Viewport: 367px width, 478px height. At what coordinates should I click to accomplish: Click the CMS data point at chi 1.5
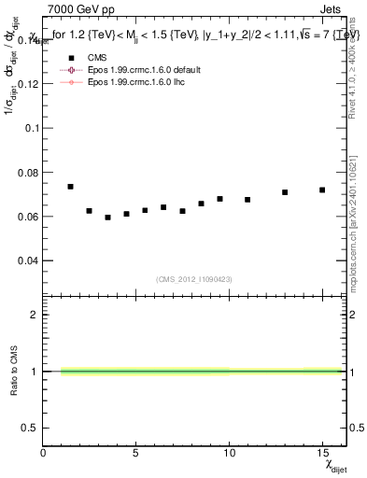tap(71, 187)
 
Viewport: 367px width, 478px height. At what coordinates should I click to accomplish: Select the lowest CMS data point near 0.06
tap(108, 218)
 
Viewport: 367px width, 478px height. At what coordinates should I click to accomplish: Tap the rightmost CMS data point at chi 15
tap(322, 190)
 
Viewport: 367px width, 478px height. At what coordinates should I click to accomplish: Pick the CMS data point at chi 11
tap(247, 200)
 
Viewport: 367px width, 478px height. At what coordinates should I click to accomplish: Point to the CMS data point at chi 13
tap(285, 192)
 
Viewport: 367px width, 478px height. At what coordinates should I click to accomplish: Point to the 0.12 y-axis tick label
tap(27, 84)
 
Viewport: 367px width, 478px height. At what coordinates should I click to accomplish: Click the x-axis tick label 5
tap(136, 451)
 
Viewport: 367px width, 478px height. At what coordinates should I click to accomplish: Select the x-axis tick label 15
tap(321, 451)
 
